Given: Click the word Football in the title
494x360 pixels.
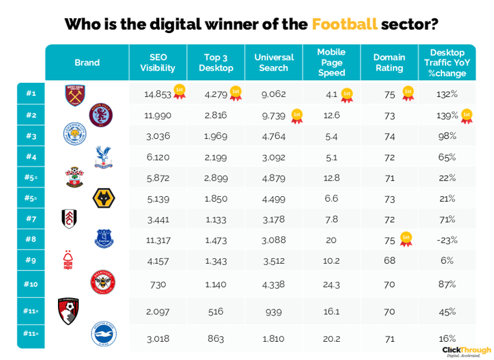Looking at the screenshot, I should [x=344, y=25].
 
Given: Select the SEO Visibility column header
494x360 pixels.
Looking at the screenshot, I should [x=158, y=63].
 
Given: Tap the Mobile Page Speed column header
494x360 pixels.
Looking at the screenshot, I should [x=331, y=63].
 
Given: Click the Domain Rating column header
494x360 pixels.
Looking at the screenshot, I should [x=389, y=63].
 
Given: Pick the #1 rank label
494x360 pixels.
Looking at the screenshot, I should [x=30, y=94].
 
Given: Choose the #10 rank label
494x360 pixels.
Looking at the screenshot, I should [x=30, y=284].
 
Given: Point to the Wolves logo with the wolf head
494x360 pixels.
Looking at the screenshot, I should [x=103, y=198].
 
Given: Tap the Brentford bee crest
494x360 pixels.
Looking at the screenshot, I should [x=103, y=282].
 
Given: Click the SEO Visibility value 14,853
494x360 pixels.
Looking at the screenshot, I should [x=158, y=94].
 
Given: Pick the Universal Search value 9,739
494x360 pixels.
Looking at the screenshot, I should [x=273, y=115].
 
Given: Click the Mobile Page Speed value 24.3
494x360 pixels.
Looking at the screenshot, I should [x=331, y=284].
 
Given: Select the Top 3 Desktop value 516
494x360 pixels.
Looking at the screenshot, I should [x=216, y=311].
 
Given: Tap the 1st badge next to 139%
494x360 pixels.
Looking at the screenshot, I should [x=466, y=116].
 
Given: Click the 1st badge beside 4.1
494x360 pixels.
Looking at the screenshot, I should [x=346, y=95].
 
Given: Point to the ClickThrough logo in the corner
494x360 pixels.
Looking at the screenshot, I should [x=466, y=351].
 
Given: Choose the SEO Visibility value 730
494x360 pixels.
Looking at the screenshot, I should [x=158, y=284].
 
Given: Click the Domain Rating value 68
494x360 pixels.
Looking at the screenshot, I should [x=389, y=260].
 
